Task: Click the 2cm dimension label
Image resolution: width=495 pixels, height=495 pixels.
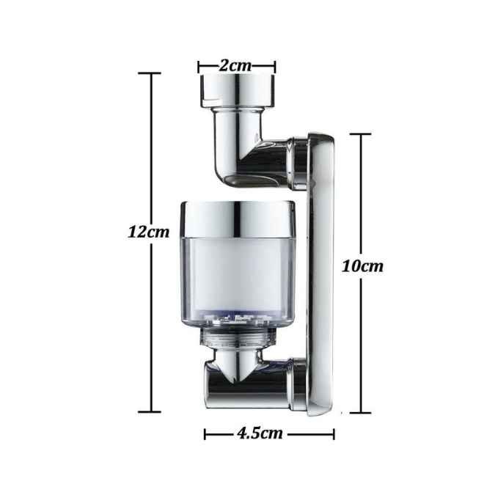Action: pos(235,66)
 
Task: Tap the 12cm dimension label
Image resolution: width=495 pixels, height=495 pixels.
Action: pos(148,232)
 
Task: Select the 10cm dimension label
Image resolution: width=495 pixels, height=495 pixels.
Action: pos(362,266)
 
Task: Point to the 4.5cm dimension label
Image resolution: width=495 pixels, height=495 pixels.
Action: pos(260,433)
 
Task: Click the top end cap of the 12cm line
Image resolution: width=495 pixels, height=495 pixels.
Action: pos(150,73)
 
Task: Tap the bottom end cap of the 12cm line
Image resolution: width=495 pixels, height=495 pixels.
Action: pos(150,411)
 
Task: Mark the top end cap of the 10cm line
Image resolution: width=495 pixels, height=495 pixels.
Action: pos(360,134)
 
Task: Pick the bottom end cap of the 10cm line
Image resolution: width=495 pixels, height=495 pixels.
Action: pos(360,412)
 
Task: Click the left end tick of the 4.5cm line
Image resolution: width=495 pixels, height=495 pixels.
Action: pos(205,434)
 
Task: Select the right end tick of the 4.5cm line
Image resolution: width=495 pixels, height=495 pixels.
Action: pos(334,434)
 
